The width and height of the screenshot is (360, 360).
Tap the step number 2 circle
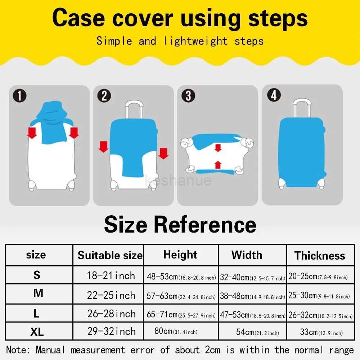tap(104, 96)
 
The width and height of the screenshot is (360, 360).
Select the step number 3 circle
tap(188, 96)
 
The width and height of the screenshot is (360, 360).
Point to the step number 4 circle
tap(274, 95)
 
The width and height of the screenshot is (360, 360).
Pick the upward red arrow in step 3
tap(217, 165)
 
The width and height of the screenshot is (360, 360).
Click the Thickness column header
tap(320, 256)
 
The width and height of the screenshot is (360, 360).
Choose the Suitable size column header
tap(110, 256)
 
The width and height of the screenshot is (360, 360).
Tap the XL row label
tap(37, 332)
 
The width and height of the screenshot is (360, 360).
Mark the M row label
tap(38, 293)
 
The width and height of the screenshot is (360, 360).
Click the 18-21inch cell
tap(111, 276)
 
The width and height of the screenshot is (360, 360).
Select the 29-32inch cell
tap(111, 331)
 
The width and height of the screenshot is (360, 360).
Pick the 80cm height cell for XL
tap(176, 331)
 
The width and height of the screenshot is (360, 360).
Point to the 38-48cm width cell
tap(252, 296)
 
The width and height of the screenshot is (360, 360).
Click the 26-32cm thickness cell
tap(320, 315)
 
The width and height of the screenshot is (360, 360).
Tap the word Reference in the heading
tap(205, 224)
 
